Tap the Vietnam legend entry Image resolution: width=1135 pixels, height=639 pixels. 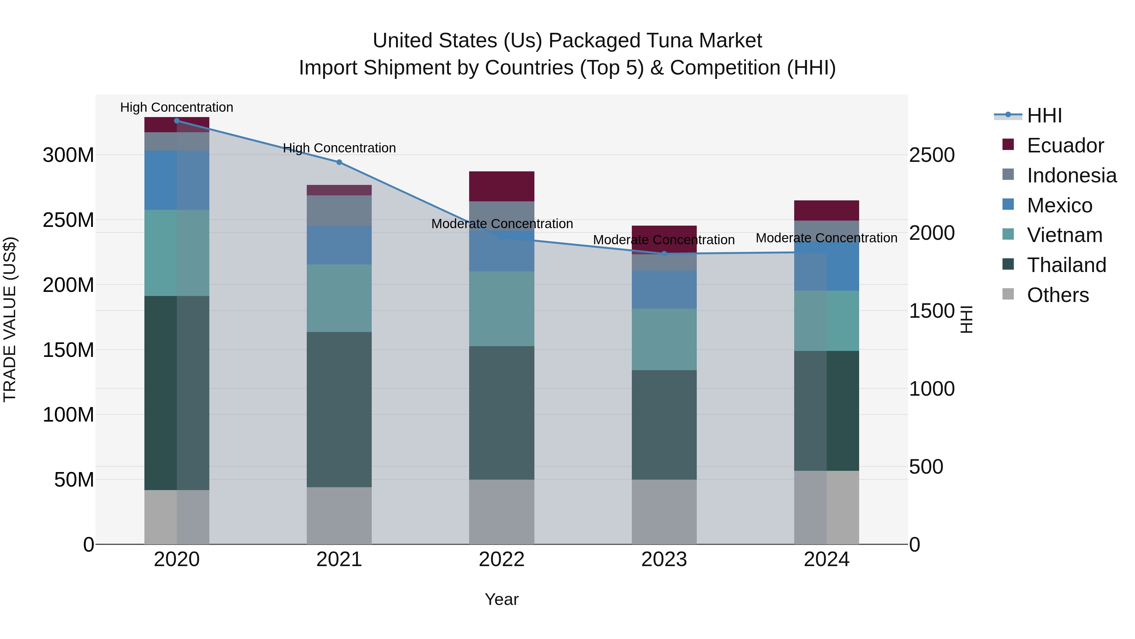(1064, 235)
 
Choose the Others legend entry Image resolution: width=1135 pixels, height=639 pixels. (1057, 295)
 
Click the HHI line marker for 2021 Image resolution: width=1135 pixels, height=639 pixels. (339, 162)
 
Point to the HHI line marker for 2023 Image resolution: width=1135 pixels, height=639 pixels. (664, 254)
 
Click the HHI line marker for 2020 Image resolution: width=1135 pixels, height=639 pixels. (177, 121)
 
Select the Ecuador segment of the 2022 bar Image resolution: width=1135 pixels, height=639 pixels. (501, 186)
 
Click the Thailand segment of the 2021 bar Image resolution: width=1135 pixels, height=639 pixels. (339, 409)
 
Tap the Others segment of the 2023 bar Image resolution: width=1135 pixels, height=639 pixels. (664, 512)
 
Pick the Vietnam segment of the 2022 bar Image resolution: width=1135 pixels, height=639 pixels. (501, 309)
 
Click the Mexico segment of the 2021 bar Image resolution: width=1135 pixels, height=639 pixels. (339, 245)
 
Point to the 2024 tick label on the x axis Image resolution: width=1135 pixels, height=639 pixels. (826, 559)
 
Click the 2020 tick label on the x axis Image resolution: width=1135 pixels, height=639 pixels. (177, 559)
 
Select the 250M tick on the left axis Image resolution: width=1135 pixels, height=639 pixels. (68, 220)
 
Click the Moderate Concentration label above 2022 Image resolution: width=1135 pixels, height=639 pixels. (502, 224)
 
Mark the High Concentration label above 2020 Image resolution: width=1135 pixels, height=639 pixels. (177, 107)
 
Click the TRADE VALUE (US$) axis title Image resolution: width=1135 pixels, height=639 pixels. (10, 319)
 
